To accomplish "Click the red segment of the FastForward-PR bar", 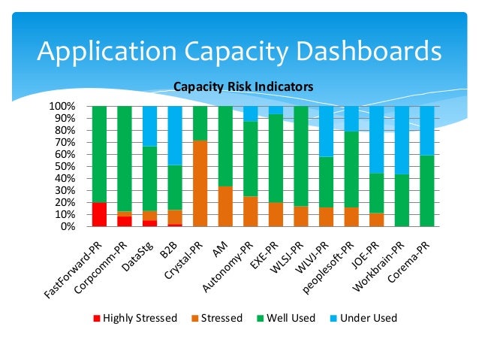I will click(x=99, y=214).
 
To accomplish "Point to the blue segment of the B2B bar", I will click(x=175, y=135).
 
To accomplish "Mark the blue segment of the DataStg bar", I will click(x=150, y=126).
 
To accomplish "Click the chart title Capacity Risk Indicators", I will click(x=243, y=87).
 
